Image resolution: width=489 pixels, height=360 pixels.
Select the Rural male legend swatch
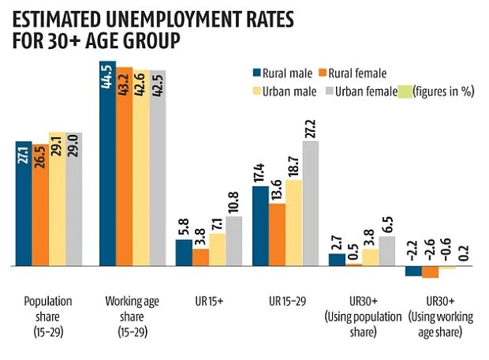pyautogui.click(x=256, y=73)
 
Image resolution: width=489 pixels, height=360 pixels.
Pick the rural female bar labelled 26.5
pyautogui.click(x=40, y=205)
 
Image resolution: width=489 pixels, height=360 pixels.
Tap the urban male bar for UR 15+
pyautogui.click(x=217, y=250)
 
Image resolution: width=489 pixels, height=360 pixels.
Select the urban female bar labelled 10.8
pyautogui.click(x=234, y=242)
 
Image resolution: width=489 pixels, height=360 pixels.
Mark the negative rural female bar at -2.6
pyautogui.click(x=429, y=272)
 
